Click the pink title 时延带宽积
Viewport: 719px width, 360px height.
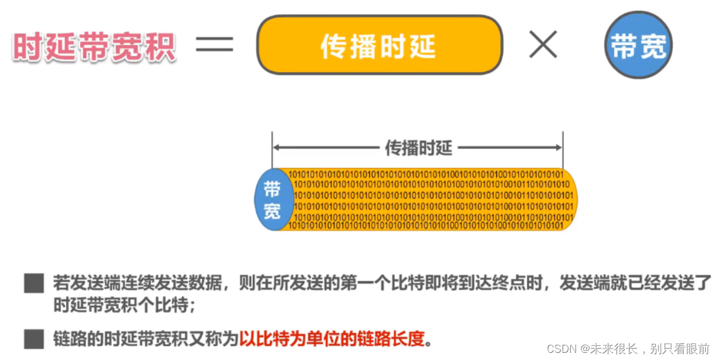coord(94,46)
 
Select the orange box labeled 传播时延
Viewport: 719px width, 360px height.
coord(379,45)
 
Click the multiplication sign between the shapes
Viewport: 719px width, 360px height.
coord(543,46)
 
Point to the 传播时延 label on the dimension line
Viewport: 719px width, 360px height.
coord(418,147)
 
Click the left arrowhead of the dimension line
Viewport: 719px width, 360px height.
coord(277,147)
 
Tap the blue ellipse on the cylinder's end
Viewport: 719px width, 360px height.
coord(273,199)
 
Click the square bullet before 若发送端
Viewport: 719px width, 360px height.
coord(34,283)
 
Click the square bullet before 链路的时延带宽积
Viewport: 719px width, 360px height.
coord(34,339)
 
